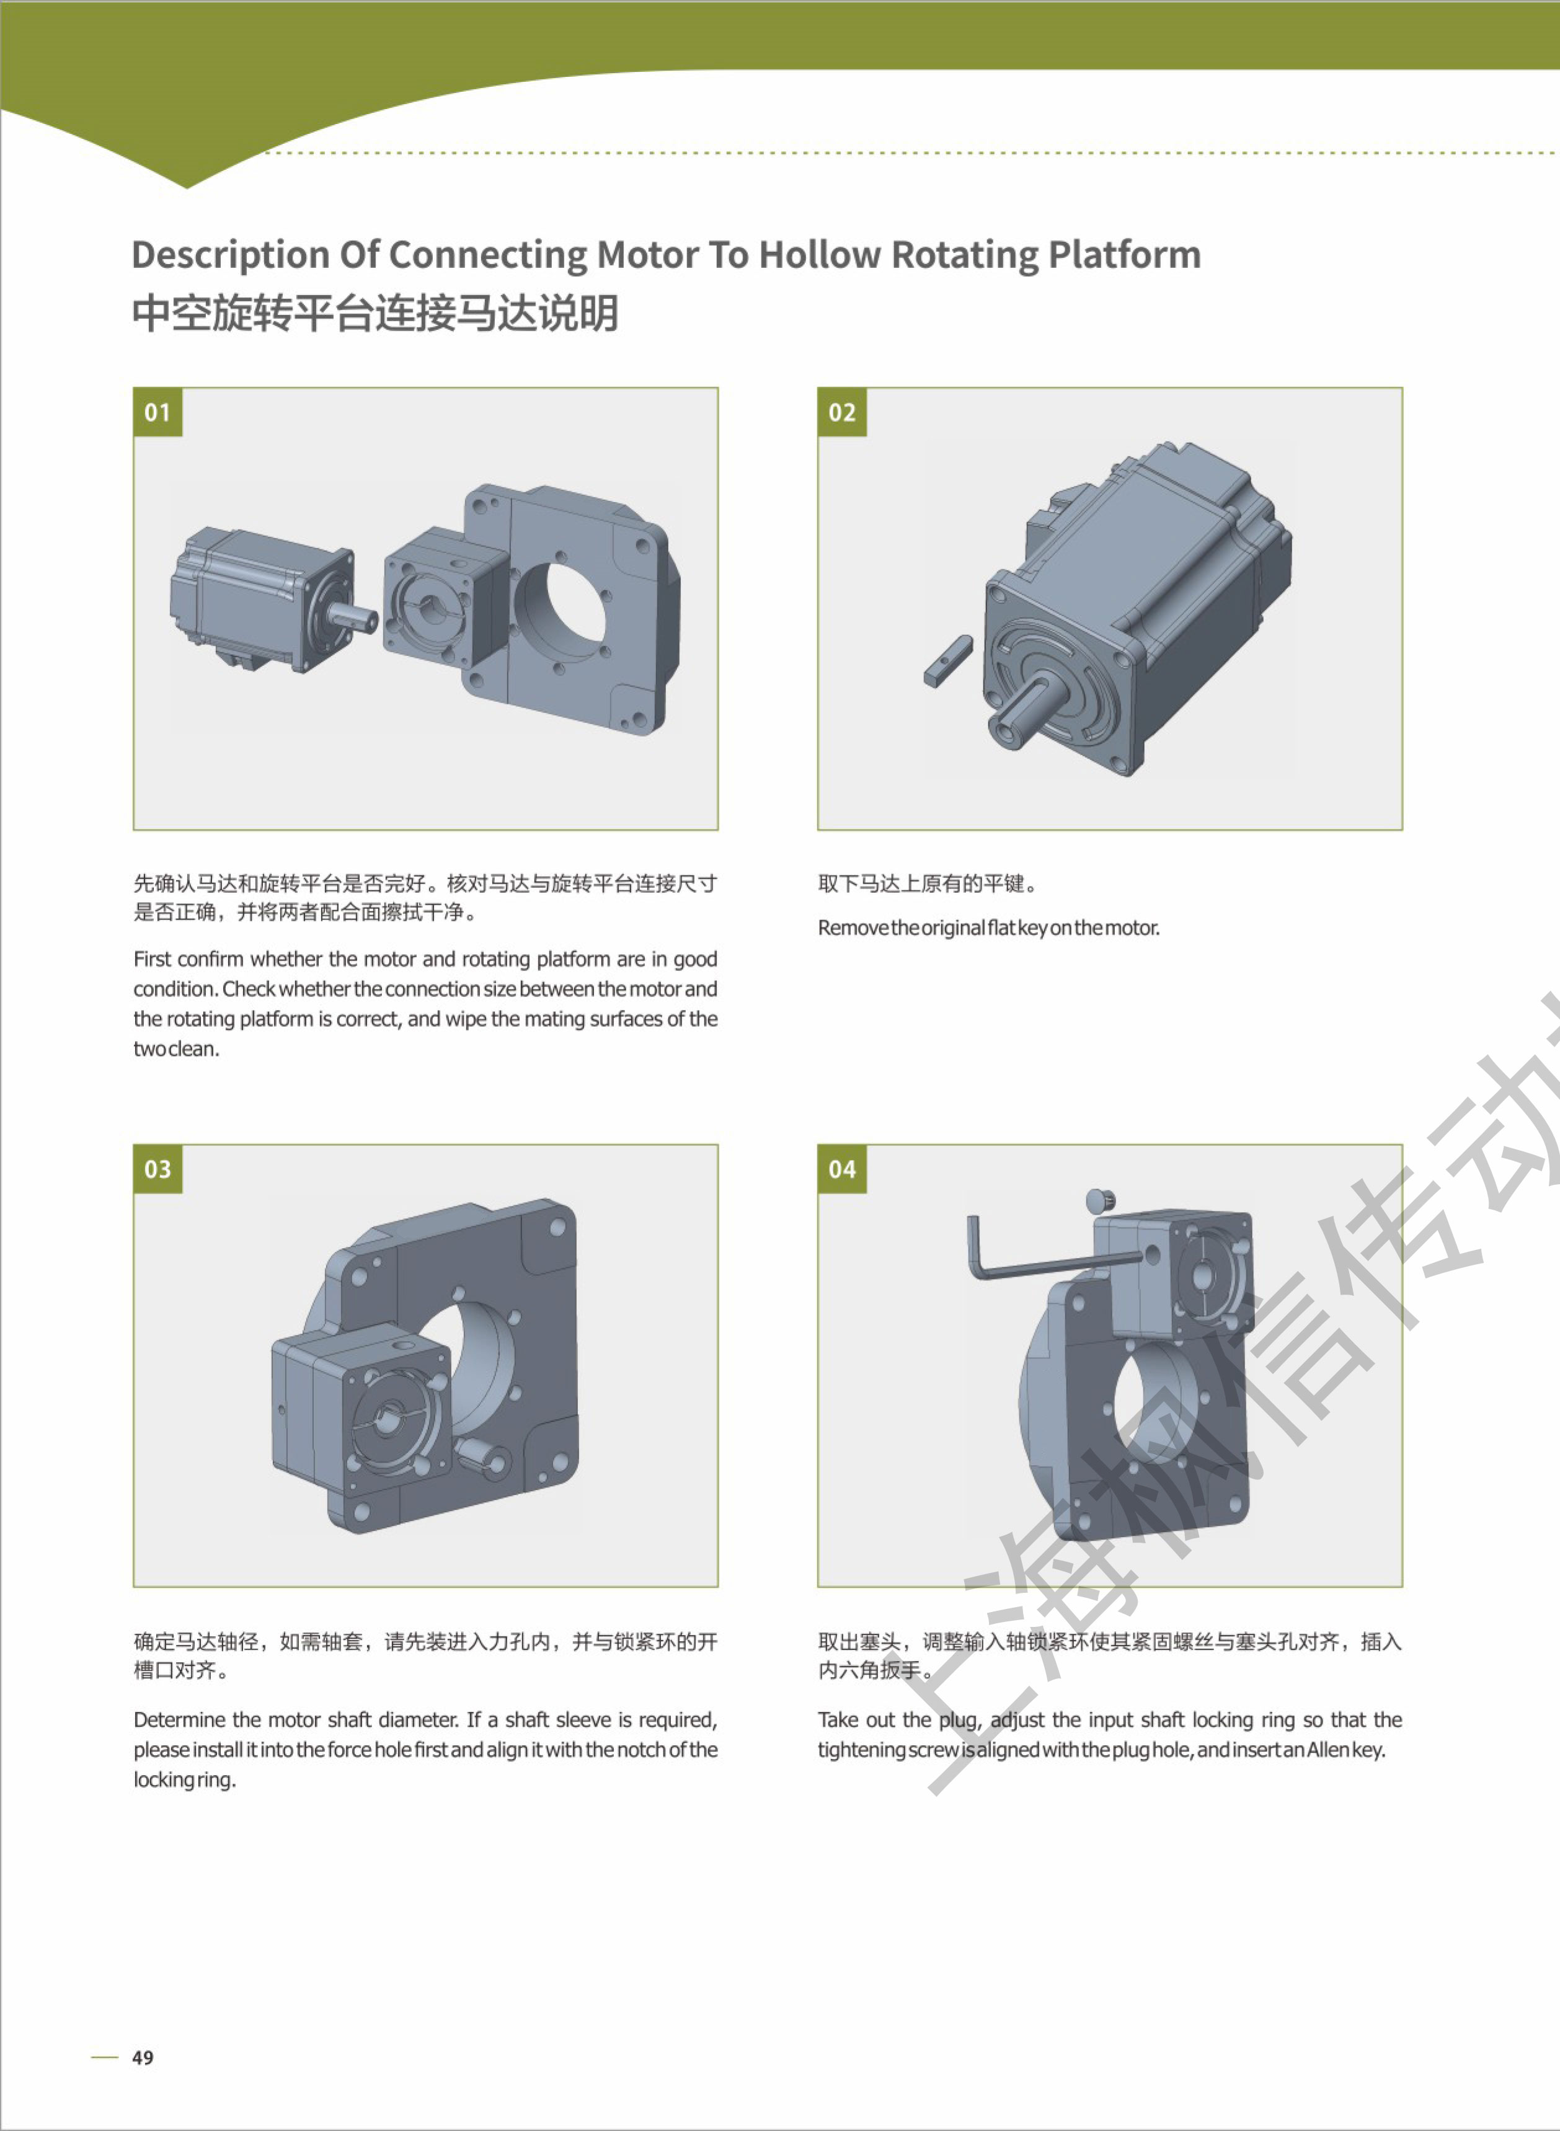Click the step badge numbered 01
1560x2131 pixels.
[x=157, y=412]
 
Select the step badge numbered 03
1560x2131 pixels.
[x=157, y=1169]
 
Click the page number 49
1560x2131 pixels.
[x=143, y=2057]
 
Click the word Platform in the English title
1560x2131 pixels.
[x=1125, y=255]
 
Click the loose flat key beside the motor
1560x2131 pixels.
[x=948, y=661]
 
